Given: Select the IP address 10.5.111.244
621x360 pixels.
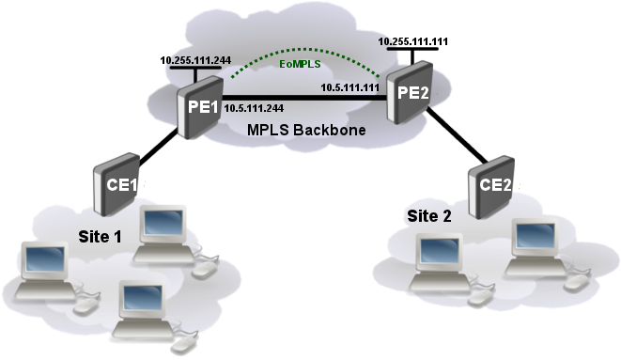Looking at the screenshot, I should (256, 109).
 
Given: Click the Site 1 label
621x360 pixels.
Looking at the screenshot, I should (99, 235).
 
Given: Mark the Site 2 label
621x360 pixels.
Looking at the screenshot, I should (429, 216).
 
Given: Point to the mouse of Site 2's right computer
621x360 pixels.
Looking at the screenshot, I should (576, 283).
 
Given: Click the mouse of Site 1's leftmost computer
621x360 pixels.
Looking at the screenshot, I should (85, 305).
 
